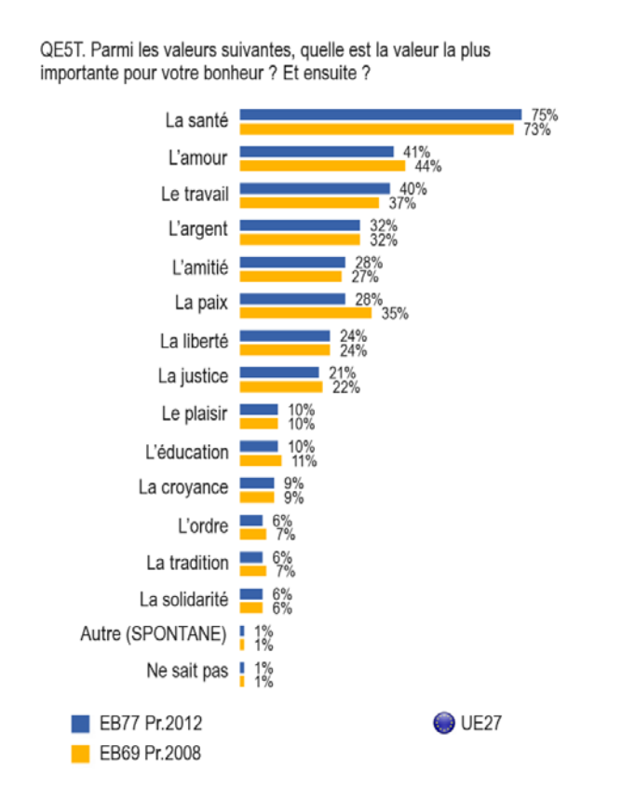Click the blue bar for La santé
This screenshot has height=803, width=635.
point(381,115)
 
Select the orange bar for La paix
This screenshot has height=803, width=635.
point(305,312)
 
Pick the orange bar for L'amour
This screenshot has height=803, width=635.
point(323,165)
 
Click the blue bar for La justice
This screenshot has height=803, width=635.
point(279,373)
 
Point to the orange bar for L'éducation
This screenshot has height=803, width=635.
point(261,459)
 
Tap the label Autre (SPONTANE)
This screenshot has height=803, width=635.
point(155,635)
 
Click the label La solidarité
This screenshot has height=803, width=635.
point(182,598)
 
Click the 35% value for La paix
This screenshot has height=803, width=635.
point(387,313)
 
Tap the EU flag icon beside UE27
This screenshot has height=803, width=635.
point(443,722)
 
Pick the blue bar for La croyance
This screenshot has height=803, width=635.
point(257,483)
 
